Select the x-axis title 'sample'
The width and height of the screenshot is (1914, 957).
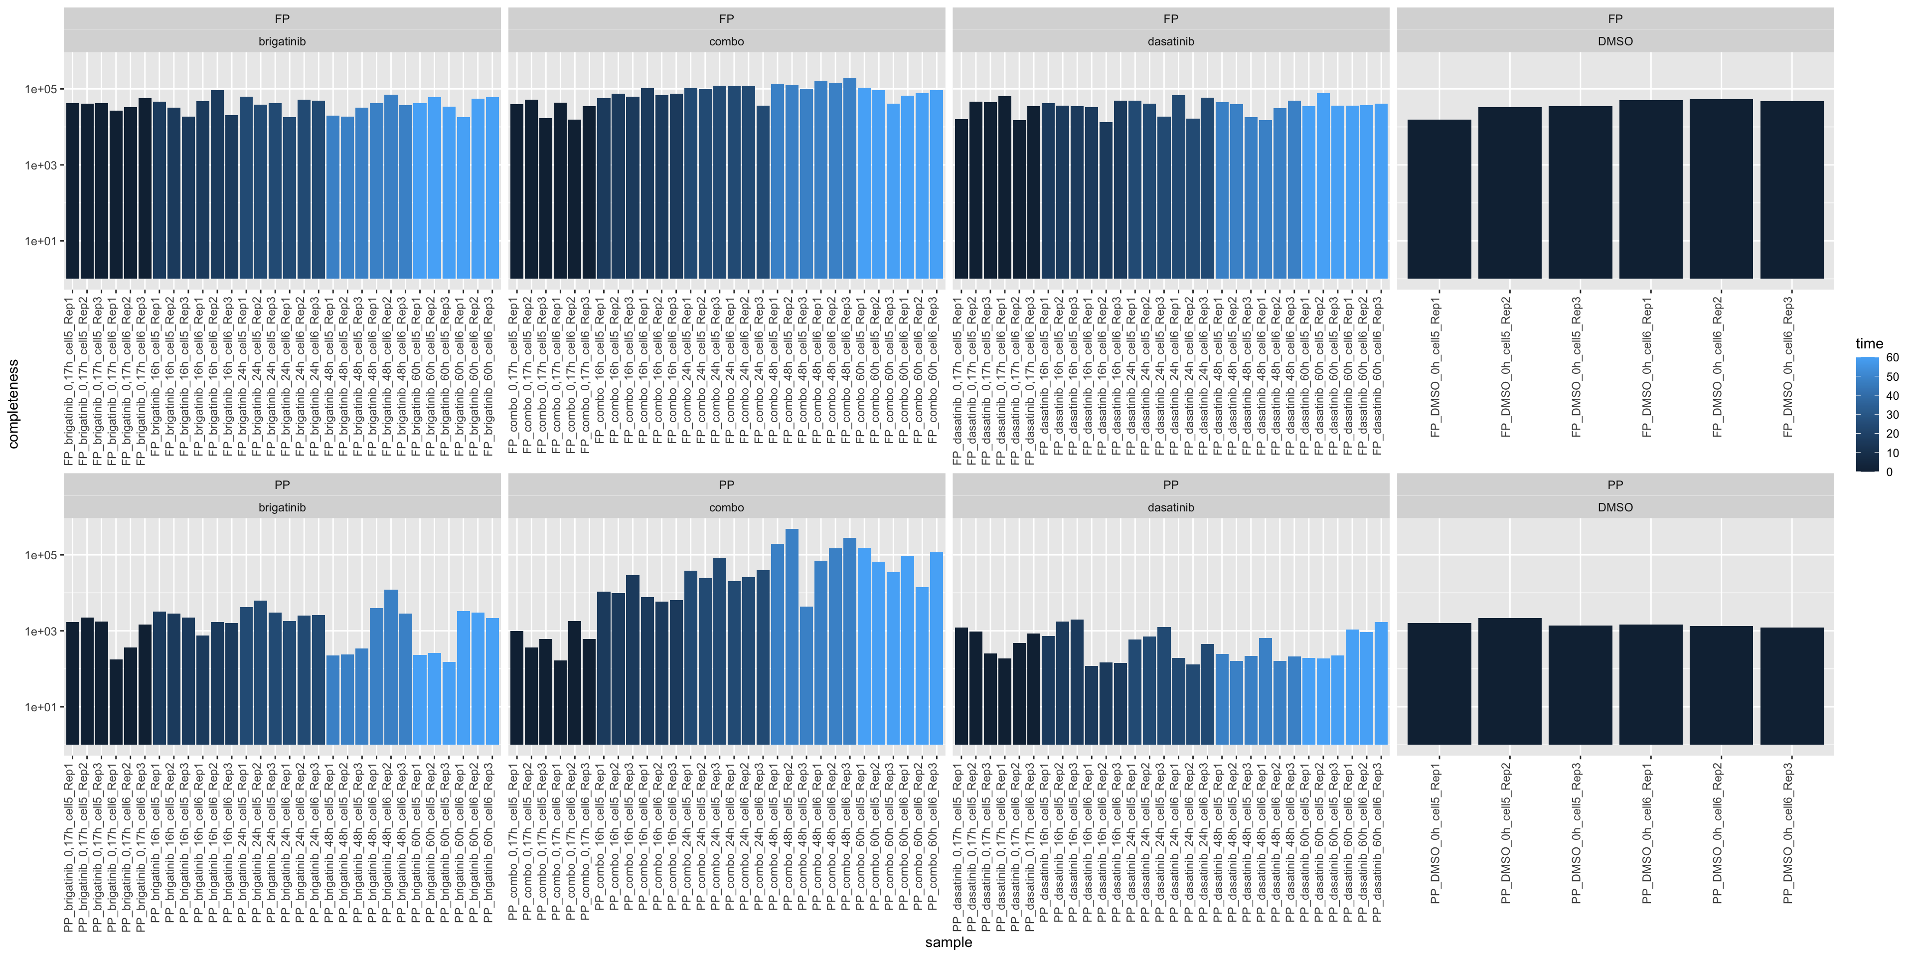point(948,942)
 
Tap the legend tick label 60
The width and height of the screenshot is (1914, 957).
point(1892,357)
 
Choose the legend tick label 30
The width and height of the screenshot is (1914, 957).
point(1892,415)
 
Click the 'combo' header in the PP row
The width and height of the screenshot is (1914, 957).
point(726,507)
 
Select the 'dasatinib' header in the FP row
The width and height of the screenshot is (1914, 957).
point(1170,41)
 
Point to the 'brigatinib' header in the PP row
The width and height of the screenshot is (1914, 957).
point(282,507)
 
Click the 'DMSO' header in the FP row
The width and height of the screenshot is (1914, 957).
point(1614,41)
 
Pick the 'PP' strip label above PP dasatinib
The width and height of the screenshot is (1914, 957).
point(1170,484)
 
